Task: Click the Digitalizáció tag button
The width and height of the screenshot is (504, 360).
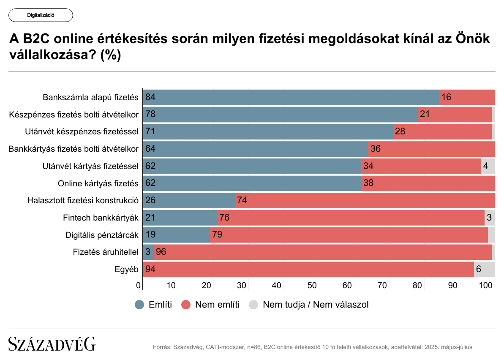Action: (41, 15)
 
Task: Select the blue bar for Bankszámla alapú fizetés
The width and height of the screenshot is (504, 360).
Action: (292, 97)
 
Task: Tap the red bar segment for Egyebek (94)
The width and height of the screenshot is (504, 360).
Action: (308, 269)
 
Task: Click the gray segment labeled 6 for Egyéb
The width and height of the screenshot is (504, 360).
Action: (484, 269)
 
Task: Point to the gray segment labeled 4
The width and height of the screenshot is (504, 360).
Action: (488, 166)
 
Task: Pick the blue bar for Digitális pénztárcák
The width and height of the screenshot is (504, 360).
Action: (177, 235)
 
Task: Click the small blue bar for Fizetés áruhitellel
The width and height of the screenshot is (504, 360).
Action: (149, 252)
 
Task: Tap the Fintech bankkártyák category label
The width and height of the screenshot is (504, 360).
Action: (101, 218)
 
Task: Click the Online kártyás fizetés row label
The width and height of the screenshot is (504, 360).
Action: (98, 183)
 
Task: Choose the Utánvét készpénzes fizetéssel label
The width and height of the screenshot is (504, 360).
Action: (82, 132)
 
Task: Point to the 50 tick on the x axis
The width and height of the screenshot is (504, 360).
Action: (312, 285)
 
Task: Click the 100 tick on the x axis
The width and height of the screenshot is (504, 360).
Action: (487, 285)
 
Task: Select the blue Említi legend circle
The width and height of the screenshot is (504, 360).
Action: (139, 305)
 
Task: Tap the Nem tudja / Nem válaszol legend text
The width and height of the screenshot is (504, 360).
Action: (316, 305)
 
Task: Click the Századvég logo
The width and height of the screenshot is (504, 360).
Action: (52, 344)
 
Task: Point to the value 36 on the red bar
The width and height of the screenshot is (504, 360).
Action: (376, 149)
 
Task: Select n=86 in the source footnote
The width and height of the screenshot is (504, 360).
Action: (253, 347)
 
